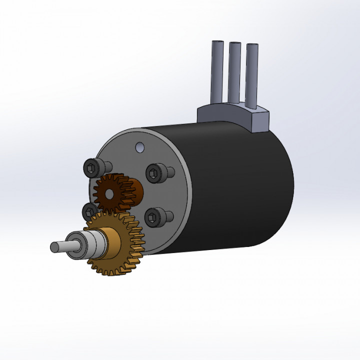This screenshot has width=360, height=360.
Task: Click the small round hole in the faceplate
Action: (x=139, y=147)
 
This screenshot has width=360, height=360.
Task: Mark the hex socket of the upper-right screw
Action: (x=153, y=172)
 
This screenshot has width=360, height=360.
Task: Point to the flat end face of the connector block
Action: (x=260, y=121)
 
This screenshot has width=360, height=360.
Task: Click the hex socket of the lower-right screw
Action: (x=152, y=217)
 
